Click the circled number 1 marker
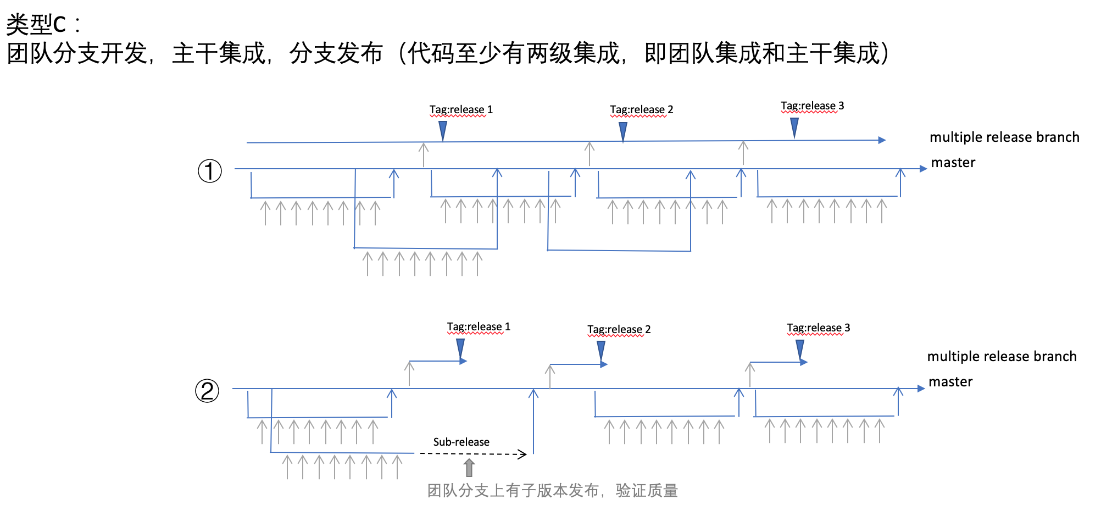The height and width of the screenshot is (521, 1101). pos(209,171)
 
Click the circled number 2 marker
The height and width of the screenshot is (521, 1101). pos(207,391)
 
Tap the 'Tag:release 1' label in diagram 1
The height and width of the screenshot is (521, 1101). pos(461,109)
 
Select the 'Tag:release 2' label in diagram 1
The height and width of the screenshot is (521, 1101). pos(641,109)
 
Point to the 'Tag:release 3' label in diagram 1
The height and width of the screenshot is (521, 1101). pos(812,106)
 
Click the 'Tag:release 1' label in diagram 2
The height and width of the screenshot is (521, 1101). pos(479,326)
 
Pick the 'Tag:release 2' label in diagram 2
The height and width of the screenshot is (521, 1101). pos(619,329)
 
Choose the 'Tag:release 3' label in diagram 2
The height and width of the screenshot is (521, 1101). pos(818,328)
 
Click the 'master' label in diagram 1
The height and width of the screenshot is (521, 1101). pos(953,163)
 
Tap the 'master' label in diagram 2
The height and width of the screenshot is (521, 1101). pos(950,382)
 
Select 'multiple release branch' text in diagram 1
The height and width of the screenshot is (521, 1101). pos(1004,137)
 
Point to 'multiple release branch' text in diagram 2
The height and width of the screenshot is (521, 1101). pos(1002,356)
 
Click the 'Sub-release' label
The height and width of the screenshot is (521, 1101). pos(461,442)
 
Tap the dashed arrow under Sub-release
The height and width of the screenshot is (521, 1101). pos(473,453)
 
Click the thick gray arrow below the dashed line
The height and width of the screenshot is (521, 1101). pos(469,468)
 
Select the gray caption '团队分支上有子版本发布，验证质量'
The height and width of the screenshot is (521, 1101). pos(552,490)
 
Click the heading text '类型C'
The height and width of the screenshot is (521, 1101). pos(36,24)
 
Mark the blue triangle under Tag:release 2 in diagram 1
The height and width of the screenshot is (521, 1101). pos(623,131)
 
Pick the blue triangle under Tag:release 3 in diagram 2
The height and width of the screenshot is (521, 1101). pos(800,349)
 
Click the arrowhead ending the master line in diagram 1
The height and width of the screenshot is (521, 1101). pos(923,169)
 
